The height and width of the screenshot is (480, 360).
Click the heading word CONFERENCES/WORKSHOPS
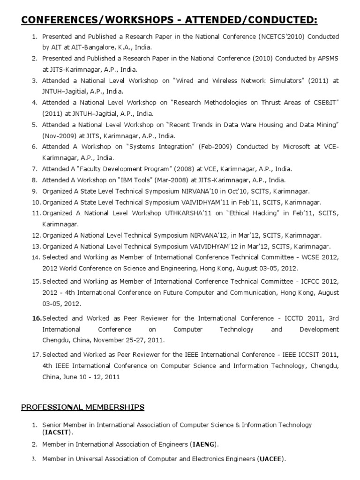point(98,20)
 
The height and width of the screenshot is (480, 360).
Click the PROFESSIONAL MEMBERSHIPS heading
point(82,407)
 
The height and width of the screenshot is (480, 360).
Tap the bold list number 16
point(37,318)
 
